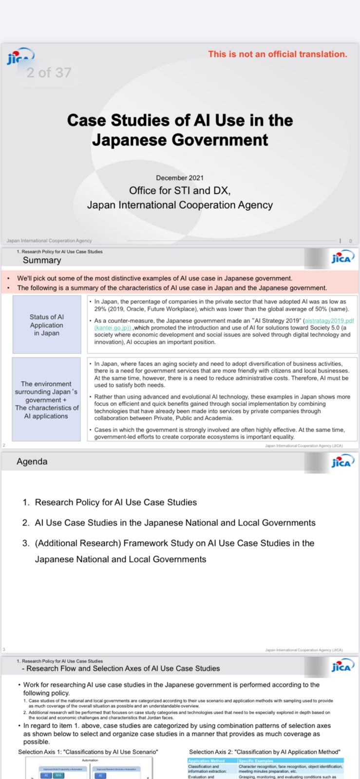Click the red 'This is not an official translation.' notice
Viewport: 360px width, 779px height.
(x=277, y=54)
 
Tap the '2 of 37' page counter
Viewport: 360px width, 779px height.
(x=49, y=73)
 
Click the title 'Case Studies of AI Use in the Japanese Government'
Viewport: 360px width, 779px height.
(x=180, y=130)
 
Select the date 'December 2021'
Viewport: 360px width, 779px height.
(x=180, y=178)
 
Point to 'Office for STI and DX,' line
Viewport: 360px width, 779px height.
(x=180, y=190)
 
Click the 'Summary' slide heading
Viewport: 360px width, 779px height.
(x=42, y=260)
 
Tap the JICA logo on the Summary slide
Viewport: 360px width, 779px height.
(x=341, y=258)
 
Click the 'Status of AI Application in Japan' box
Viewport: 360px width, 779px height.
(x=46, y=325)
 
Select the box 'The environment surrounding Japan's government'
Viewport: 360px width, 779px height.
(x=46, y=399)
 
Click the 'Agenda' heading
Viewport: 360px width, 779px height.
(x=32, y=462)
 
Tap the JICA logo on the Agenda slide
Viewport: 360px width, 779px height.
(x=341, y=462)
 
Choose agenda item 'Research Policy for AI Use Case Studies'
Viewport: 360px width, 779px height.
(x=116, y=502)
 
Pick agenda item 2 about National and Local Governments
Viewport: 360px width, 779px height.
(x=175, y=523)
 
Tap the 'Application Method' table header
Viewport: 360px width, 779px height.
(x=207, y=761)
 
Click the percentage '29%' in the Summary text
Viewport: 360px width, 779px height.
(x=100, y=309)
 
